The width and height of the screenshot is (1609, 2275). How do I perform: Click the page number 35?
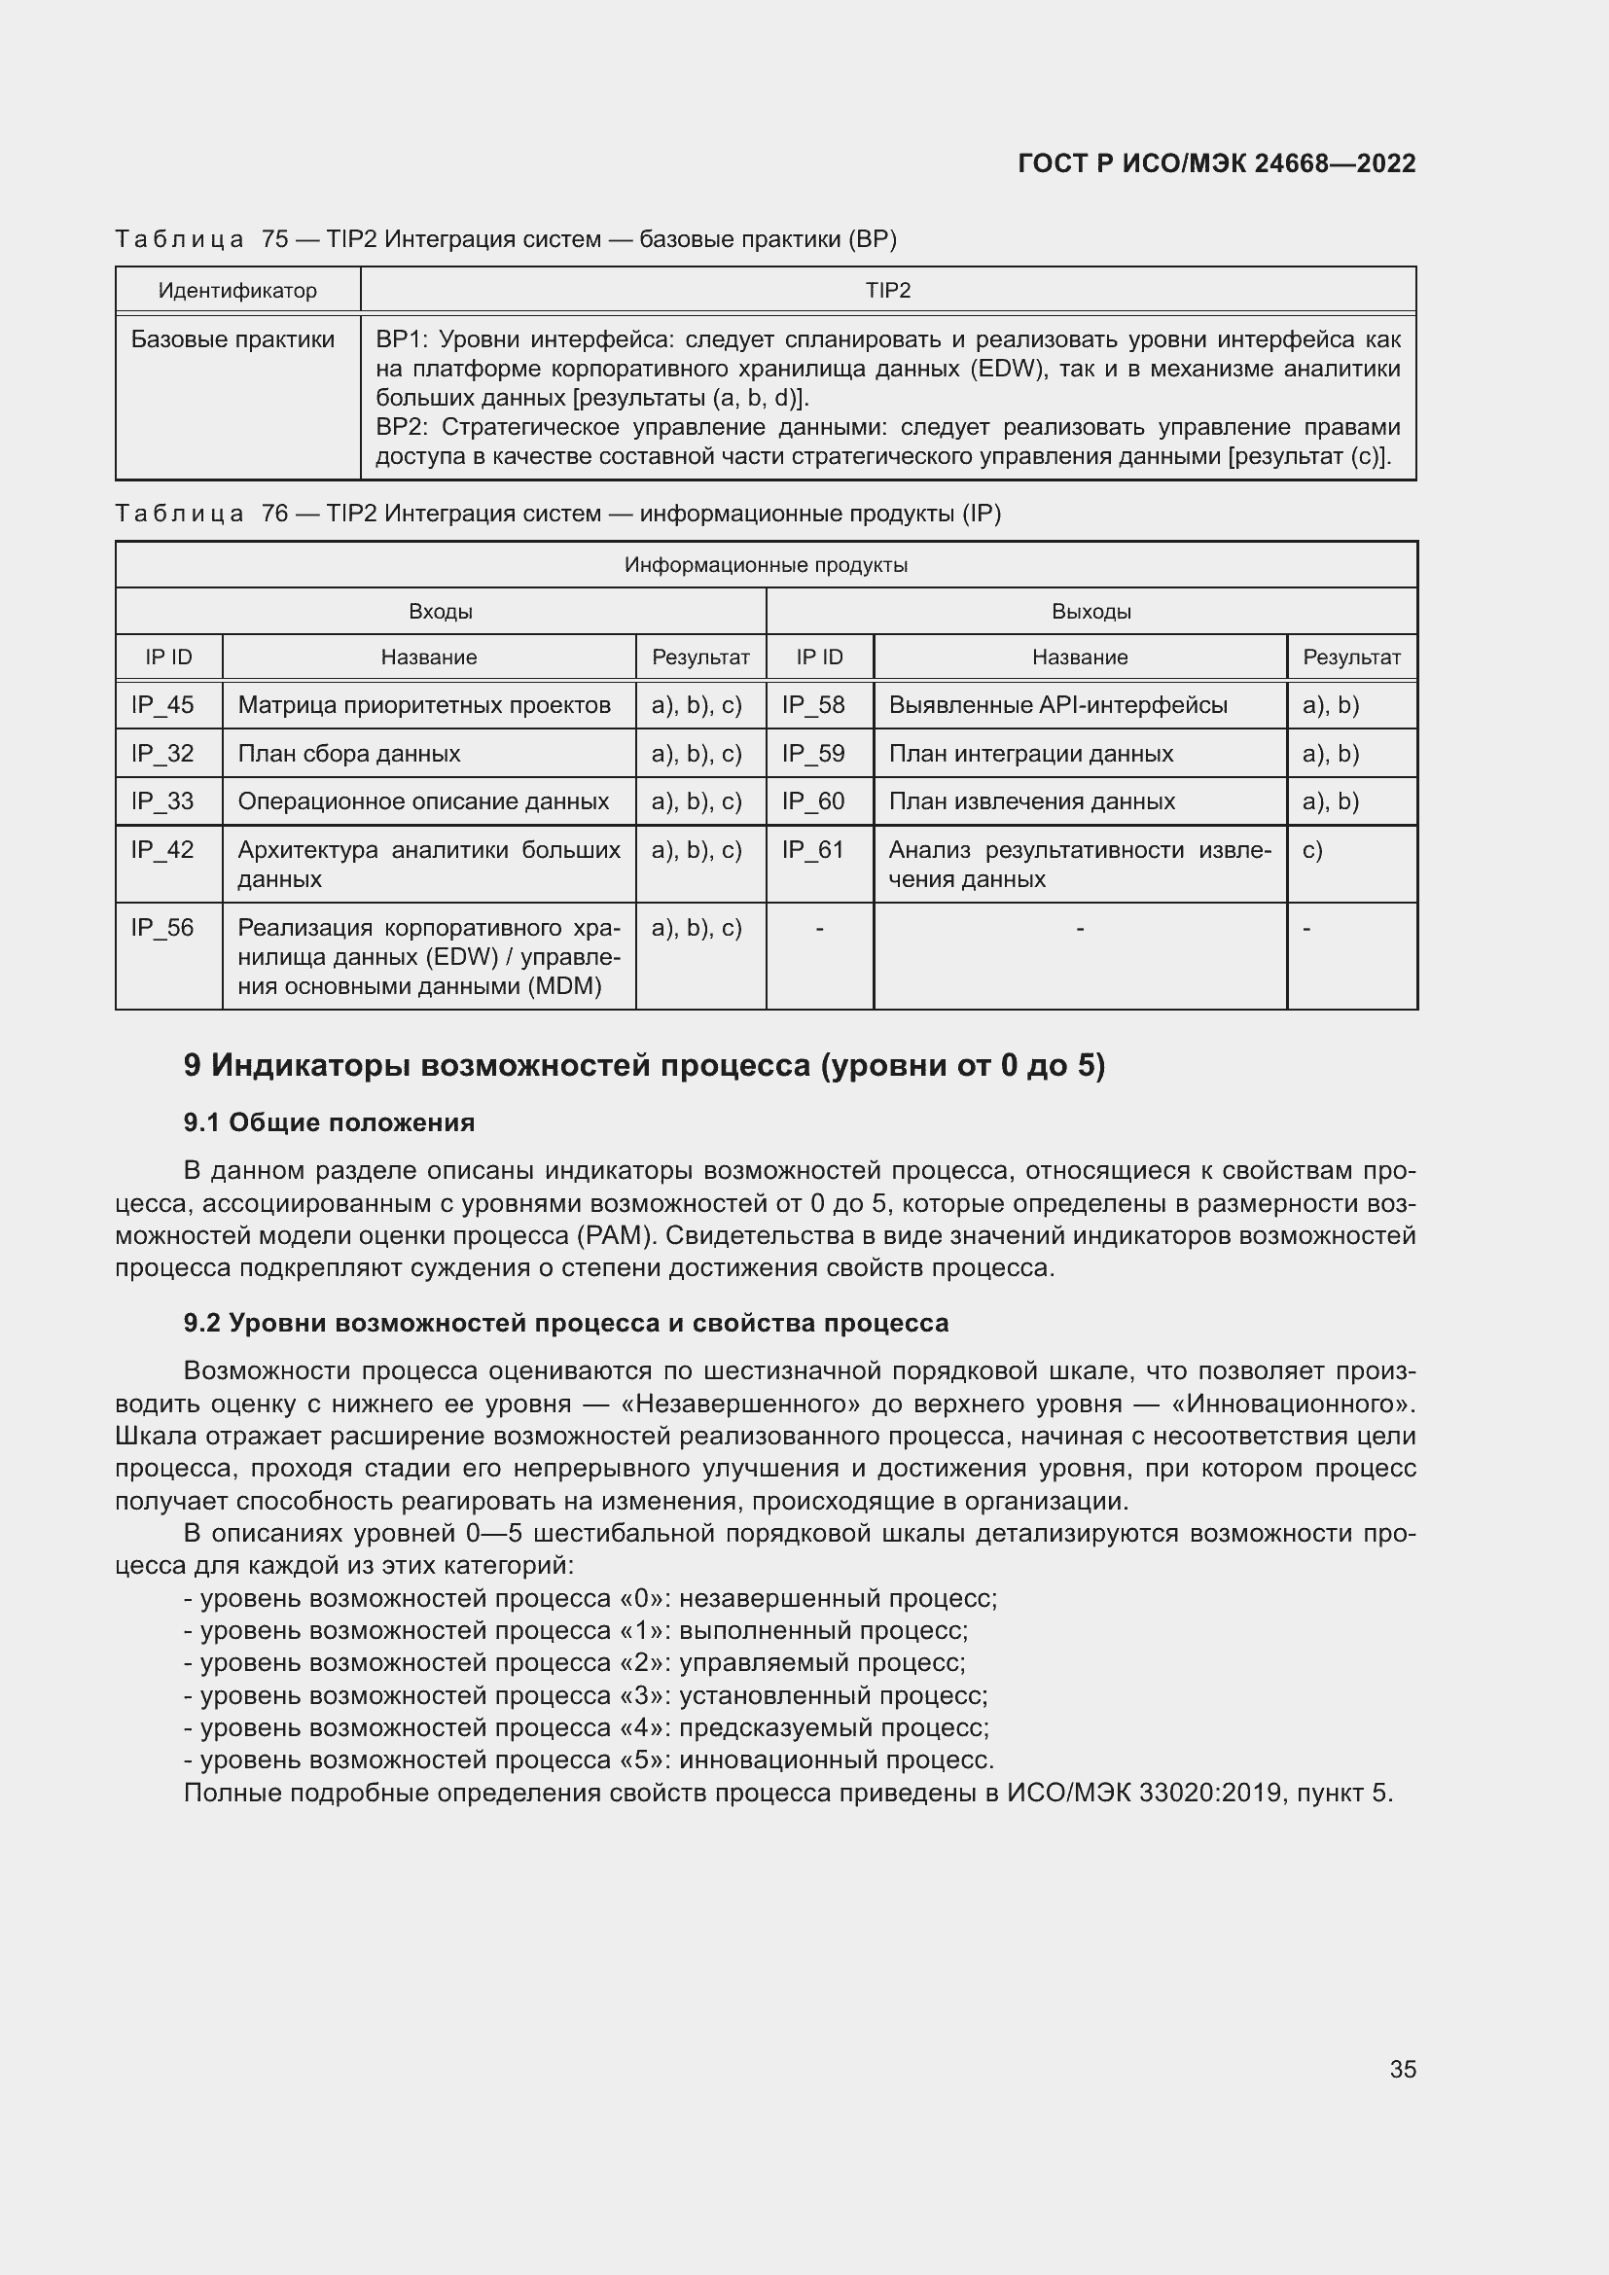[x=1402, y=2069]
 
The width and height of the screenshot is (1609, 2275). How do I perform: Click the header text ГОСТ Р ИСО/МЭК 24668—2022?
[x=1216, y=163]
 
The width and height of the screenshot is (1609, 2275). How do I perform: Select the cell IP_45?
[x=162, y=705]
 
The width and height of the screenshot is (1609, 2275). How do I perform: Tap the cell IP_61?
[x=812, y=850]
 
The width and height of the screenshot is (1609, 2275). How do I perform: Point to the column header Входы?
[x=440, y=612]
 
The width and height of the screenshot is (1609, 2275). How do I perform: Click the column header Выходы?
[x=1091, y=612]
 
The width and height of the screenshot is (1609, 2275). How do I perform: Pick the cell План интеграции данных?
[x=1030, y=754]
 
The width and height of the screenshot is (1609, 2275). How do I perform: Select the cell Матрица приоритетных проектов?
[x=424, y=705]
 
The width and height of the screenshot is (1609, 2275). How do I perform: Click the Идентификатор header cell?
[x=237, y=290]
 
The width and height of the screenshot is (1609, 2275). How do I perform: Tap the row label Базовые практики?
[x=232, y=339]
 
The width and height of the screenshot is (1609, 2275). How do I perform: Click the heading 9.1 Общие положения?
[x=329, y=1122]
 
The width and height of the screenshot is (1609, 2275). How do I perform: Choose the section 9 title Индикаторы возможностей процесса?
[x=644, y=1065]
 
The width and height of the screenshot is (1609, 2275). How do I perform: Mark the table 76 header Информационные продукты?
[x=766, y=565]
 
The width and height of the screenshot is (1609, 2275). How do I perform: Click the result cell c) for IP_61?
[x=1312, y=850]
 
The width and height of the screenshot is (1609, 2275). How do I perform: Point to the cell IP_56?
[x=162, y=929]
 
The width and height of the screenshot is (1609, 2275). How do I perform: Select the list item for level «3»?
[x=586, y=1695]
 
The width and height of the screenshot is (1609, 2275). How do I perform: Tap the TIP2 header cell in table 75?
[x=888, y=290]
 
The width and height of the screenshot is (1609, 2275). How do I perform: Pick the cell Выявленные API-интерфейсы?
[x=1057, y=705]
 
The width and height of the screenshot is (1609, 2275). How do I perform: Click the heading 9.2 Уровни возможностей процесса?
[x=566, y=1323]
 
